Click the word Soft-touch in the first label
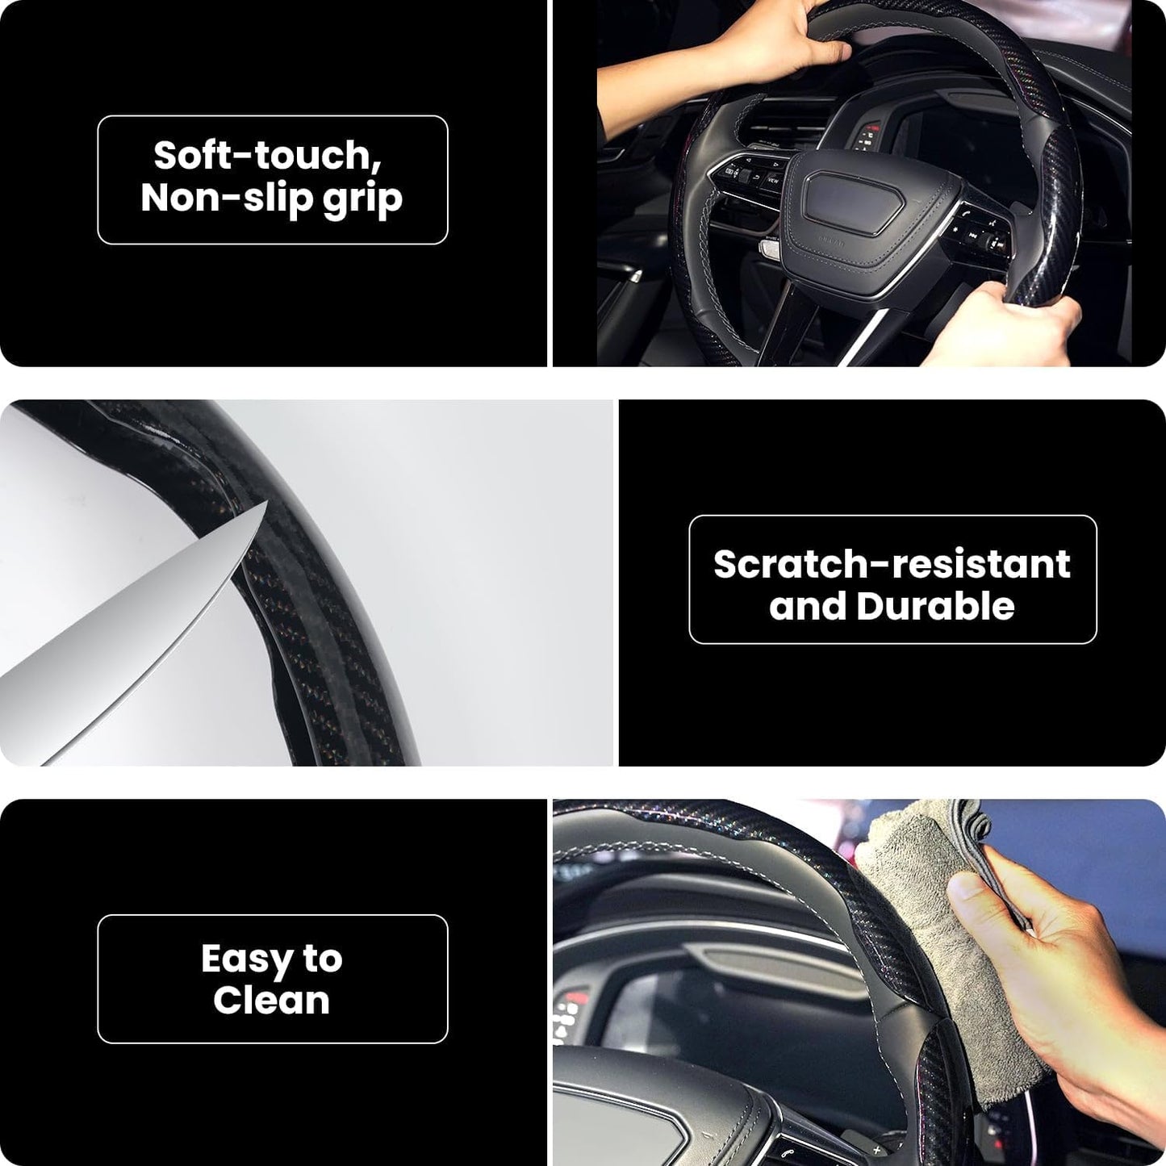[x=267, y=155]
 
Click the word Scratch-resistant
[x=892, y=564]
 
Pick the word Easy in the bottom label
[x=246, y=959]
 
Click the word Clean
[x=272, y=1001]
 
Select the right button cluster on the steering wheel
[x=980, y=234]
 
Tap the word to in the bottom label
[x=323, y=959]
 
